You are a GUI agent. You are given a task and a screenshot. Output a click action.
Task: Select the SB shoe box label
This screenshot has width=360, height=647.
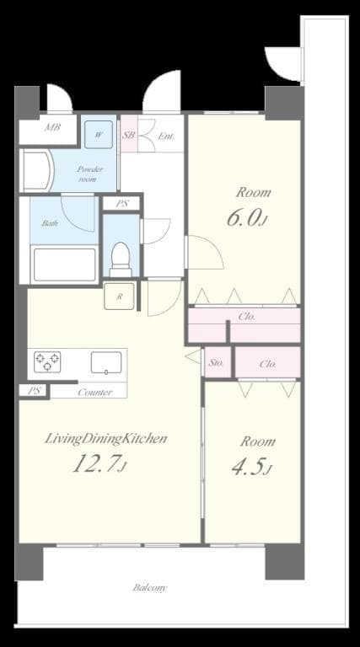coord(129,135)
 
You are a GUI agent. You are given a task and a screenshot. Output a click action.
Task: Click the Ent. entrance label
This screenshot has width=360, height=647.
coord(166,135)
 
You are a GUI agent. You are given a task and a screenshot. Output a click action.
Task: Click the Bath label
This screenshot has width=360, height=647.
coord(51,223)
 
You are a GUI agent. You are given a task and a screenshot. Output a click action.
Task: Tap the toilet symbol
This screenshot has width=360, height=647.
coord(121,258)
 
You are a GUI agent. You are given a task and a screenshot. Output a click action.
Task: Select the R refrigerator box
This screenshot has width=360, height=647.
coord(119,297)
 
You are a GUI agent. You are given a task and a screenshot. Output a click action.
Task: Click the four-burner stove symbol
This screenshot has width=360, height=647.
coord(48,362)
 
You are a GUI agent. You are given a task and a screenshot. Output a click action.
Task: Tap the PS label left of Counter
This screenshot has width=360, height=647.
coord(34,391)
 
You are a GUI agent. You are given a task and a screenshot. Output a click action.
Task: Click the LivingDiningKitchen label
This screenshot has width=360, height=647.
coord(105,438)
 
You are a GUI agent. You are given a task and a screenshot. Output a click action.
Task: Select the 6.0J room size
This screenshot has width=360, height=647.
coord(248,217)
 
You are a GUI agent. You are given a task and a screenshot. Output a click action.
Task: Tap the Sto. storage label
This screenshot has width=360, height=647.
coord(216,364)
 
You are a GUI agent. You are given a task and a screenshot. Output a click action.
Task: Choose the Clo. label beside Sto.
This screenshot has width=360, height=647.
coord(268,364)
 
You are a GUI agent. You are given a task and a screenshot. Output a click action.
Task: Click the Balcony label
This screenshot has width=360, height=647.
coord(149,587)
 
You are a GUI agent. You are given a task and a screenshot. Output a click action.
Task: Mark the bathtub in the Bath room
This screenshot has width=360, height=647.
coord(63,264)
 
